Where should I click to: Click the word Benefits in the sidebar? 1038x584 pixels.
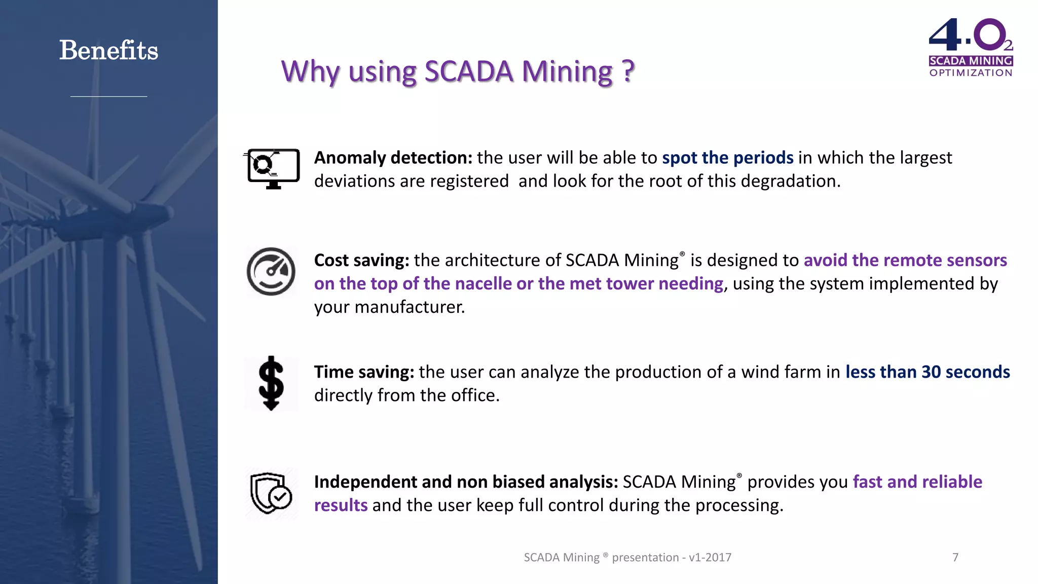[108, 51]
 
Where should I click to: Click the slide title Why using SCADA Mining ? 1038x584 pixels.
[458, 71]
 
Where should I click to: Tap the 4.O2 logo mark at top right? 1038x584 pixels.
[969, 35]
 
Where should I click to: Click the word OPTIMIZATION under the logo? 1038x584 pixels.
[971, 73]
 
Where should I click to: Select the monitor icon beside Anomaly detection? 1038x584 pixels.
[273, 168]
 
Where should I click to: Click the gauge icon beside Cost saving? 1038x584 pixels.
[271, 272]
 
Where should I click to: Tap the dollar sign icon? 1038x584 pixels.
[271, 383]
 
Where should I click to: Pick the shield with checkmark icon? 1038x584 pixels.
[271, 493]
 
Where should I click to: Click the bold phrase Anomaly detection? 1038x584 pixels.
[393, 158]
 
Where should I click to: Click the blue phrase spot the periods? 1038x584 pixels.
[727, 158]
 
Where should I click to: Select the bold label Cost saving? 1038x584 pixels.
[361, 261]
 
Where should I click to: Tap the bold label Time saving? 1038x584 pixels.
[364, 373]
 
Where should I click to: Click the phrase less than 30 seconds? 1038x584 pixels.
[927, 373]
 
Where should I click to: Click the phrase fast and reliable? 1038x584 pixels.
[917, 482]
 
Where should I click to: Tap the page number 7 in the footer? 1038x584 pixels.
[955, 558]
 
